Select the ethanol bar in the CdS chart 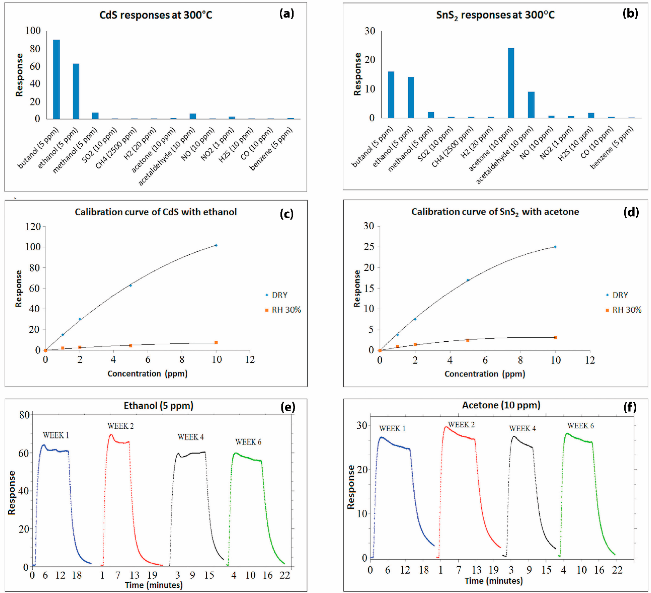pos(76,91)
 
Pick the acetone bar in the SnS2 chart pos(511,83)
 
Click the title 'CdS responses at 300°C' pos(156,15)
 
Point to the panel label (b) pos(630,14)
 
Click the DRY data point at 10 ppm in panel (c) pos(216,245)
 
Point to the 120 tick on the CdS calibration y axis pos(33,227)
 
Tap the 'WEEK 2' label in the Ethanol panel pos(120,426)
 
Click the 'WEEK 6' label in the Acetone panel pos(581,426)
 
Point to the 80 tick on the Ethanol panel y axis pos(25,415)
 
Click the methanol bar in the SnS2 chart pos(431,115)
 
